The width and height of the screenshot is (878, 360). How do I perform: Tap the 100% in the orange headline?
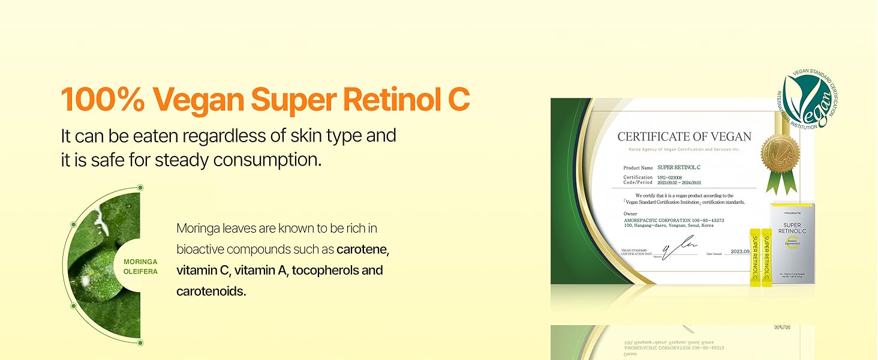pos(101,99)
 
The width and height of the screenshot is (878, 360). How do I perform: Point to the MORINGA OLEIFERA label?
pos(140,266)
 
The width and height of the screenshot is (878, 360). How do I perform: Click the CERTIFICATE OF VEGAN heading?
pos(684,137)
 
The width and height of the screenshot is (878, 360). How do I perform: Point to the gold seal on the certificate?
pos(781,153)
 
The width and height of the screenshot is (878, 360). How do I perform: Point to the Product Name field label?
pos(638,168)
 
